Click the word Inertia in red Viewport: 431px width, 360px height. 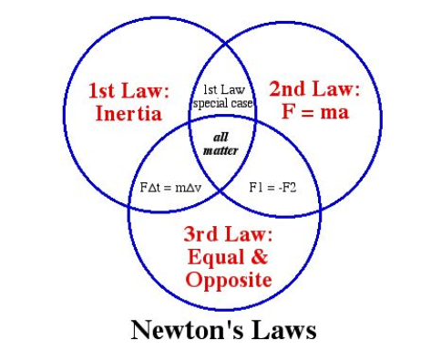128,114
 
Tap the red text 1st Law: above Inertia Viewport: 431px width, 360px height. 128,90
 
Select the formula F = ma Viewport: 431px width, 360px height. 315,112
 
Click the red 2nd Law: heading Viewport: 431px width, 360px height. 314,89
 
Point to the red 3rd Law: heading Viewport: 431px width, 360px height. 228,234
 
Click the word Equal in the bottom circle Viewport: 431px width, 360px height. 216,258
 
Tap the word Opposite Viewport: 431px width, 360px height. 229,280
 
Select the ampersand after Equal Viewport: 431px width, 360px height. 259,256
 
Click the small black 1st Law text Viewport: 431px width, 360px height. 224,90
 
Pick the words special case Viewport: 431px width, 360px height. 223,104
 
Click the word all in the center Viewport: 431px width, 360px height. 221,138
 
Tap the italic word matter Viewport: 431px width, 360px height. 221,150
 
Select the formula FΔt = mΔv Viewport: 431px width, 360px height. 170,188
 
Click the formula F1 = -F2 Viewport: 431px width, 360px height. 272,188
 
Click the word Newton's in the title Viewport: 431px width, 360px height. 187,330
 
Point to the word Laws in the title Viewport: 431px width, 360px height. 284,330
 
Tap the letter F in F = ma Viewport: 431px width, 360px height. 287,112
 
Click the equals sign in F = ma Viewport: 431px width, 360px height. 307,113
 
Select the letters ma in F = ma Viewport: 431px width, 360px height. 334,113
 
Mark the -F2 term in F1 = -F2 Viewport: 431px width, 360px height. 287,188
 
